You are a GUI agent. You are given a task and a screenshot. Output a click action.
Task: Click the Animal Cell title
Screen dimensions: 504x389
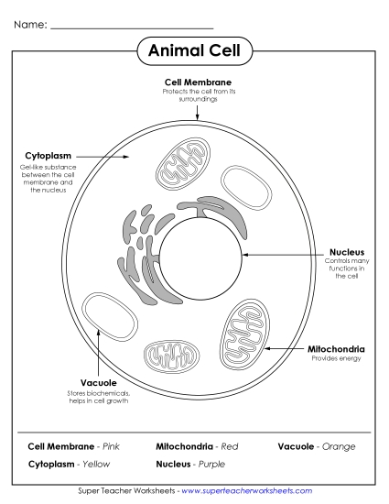[194, 51]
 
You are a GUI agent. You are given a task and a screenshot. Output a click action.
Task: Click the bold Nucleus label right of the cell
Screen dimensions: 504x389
[347, 251]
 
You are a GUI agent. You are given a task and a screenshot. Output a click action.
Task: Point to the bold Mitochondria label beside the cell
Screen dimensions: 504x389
[336, 348]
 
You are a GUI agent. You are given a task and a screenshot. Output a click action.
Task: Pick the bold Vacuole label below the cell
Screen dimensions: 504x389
[97, 383]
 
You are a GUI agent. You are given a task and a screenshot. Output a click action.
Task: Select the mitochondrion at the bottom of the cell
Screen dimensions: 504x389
[173, 356]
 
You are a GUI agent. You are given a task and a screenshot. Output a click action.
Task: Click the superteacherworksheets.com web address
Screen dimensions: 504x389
[247, 492]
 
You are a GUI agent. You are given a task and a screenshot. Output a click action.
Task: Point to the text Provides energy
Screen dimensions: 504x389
[335, 358]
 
